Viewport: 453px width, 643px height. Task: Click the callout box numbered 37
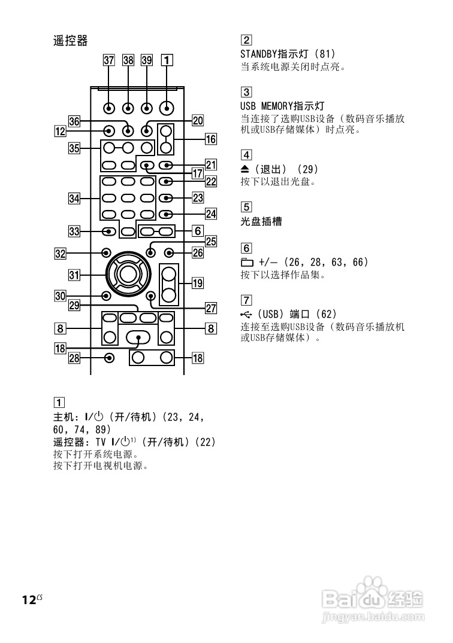pos(108,60)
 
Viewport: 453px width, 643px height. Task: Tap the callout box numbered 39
pos(147,60)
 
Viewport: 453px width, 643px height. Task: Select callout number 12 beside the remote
pos(59,130)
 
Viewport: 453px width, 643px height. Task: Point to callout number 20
pos(197,120)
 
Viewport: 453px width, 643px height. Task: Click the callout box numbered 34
pos(74,198)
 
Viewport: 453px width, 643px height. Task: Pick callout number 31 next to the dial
pos(74,275)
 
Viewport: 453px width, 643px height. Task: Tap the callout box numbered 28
pos(74,358)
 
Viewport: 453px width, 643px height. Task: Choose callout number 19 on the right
pos(197,284)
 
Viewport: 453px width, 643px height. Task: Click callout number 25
pos(210,242)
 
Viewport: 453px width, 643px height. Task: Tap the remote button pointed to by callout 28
pos(108,358)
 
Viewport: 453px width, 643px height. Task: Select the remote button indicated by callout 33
pos(108,231)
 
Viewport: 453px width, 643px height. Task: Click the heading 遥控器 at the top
pos(70,41)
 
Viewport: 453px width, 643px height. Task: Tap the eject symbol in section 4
pos(244,169)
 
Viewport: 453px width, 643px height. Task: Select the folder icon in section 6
pos(246,263)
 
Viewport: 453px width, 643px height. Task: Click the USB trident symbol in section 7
pos(246,314)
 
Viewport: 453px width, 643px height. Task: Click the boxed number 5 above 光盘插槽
pos(246,208)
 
